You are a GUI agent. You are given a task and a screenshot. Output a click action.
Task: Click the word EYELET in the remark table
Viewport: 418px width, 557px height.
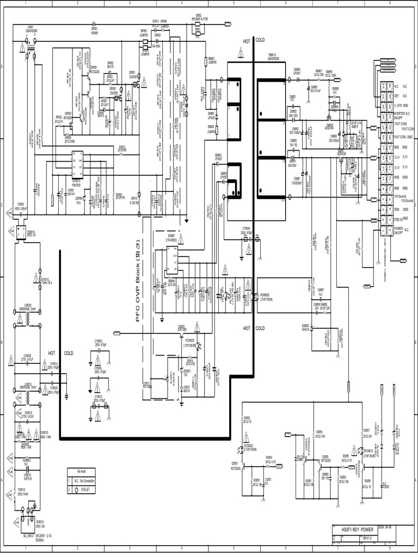pyautogui.click(x=88, y=490)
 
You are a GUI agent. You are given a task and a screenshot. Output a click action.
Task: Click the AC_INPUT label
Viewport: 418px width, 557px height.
pyautogui.click(x=27, y=537)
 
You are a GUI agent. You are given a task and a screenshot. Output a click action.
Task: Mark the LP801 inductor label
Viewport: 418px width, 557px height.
pyautogui.click(x=29, y=29)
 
